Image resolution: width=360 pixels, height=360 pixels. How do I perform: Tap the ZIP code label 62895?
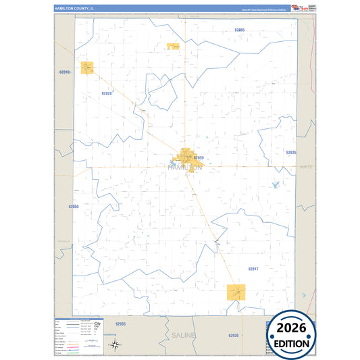(x=240, y=30)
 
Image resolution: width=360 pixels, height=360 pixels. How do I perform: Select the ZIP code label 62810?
(x=65, y=72)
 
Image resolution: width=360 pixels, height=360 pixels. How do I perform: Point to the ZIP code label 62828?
(x=107, y=93)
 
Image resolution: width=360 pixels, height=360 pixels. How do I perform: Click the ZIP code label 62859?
(x=198, y=158)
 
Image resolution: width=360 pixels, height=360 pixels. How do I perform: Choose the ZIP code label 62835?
(x=290, y=153)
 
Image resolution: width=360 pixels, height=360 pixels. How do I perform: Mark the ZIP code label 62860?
(x=74, y=206)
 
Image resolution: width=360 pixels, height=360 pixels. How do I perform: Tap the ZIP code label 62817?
(x=253, y=269)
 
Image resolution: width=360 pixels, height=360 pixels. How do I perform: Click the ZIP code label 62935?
(x=121, y=324)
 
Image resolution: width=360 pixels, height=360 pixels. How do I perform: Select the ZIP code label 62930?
(x=233, y=335)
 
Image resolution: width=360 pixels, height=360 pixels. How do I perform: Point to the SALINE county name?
(x=184, y=336)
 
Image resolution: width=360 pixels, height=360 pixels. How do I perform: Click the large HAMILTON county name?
(x=184, y=167)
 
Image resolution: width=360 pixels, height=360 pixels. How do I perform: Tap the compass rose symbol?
(x=115, y=346)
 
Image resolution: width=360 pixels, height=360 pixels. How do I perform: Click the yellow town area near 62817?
(x=236, y=292)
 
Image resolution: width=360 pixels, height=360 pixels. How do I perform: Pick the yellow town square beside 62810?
(x=87, y=68)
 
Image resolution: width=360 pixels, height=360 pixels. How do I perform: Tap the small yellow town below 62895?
(x=172, y=47)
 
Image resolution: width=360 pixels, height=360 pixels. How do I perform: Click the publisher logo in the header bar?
(x=295, y=7)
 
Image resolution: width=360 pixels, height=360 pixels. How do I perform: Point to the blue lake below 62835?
(x=275, y=185)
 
